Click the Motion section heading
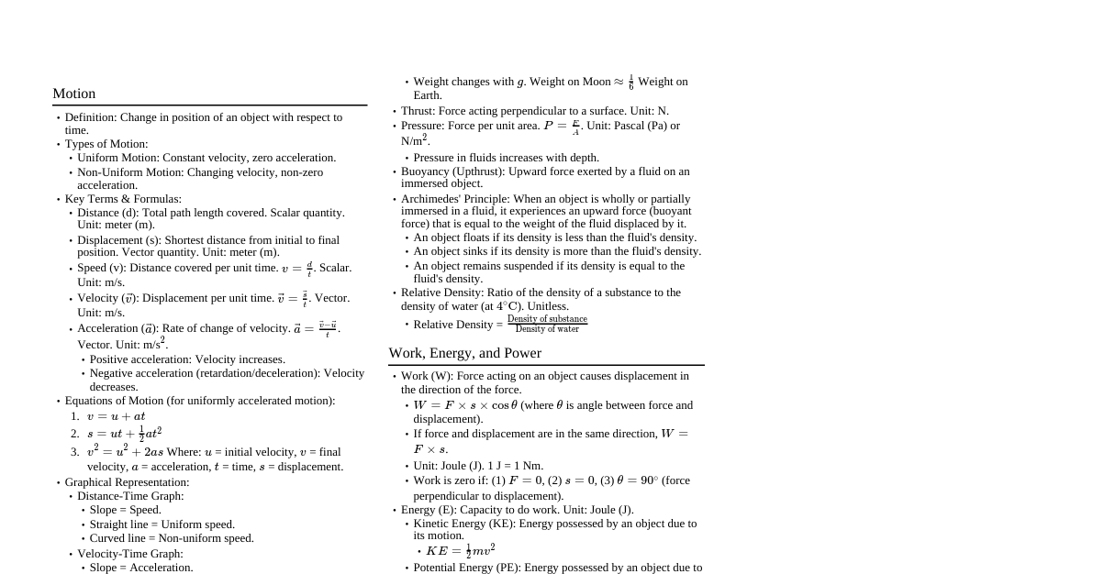tap(73, 94)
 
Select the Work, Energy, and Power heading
tap(464, 353)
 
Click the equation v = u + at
tap(116, 416)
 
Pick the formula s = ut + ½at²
tap(124, 433)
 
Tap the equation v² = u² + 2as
tap(125, 451)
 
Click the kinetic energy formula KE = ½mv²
tap(460, 551)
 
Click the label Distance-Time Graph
tap(130, 496)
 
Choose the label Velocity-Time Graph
tap(130, 554)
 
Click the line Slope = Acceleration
tap(141, 568)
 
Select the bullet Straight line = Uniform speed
tap(162, 524)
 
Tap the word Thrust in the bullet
tap(418, 111)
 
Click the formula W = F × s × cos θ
tap(465, 405)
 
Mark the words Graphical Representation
tap(127, 482)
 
